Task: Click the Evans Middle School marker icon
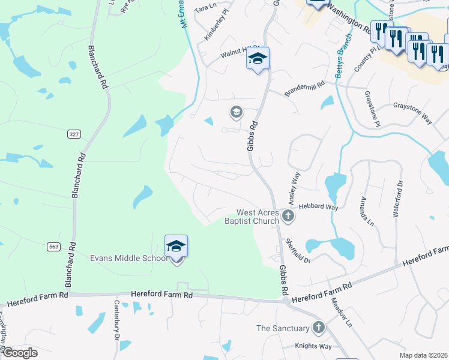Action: (x=176, y=247)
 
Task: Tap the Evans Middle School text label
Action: (x=128, y=259)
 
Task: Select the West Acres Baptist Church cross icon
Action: (x=289, y=216)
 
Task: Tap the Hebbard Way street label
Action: (x=318, y=206)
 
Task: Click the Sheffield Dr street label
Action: (x=298, y=251)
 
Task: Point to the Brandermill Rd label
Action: (x=304, y=87)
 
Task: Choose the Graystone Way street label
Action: (x=412, y=112)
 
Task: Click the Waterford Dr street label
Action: (x=399, y=199)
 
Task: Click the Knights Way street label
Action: (x=313, y=347)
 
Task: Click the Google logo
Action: (x=19, y=353)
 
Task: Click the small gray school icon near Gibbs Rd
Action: (x=236, y=112)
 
